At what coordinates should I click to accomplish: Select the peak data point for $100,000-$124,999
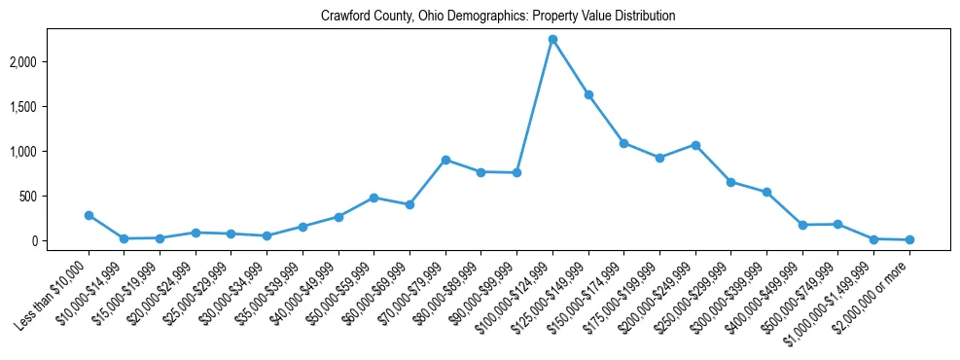tap(552, 39)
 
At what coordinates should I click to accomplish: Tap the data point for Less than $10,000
tap(89, 215)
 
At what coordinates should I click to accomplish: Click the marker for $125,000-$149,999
tap(588, 94)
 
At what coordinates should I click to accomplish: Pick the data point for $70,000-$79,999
tap(445, 160)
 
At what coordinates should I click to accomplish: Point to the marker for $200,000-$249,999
tap(695, 145)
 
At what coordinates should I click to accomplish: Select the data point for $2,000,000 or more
tap(909, 239)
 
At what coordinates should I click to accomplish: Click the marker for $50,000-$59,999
tap(374, 198)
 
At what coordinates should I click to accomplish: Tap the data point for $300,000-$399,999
tap(766, 192)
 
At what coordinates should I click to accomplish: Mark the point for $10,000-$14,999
tap(124, 238)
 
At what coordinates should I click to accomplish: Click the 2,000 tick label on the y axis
tap(51, 62)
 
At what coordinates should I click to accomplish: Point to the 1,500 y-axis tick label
tap(51, 107)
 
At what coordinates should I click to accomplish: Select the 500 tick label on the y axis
tap(56, 197)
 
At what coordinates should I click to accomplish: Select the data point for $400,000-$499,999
tap(802, 225)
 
